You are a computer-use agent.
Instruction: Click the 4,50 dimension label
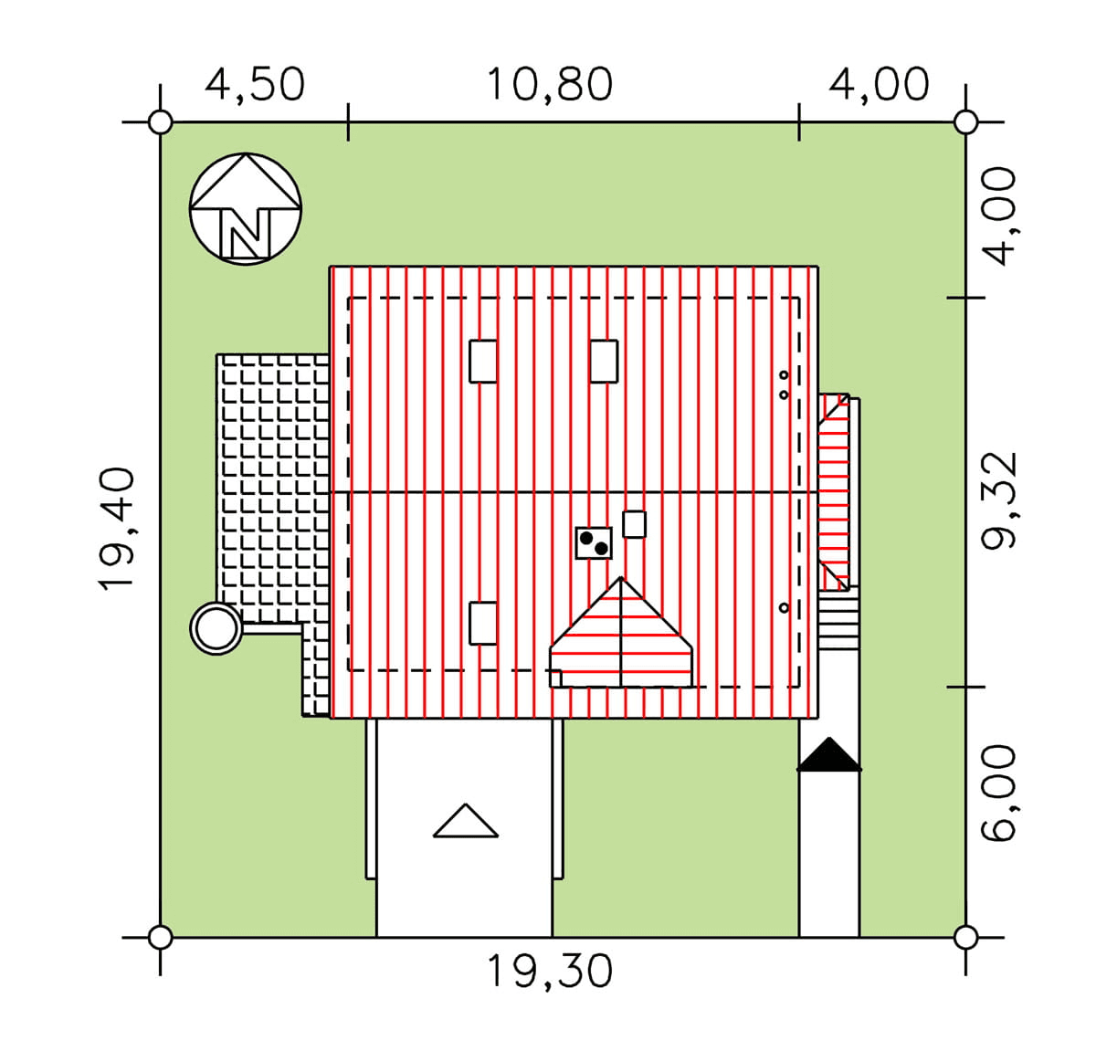255,85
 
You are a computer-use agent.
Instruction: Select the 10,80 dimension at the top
549,85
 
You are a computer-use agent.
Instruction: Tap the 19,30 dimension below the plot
549,971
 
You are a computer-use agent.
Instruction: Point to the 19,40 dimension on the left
118,530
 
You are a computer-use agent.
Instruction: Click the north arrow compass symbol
246,209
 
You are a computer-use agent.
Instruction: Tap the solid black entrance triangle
829,755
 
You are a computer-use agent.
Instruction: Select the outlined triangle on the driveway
466,821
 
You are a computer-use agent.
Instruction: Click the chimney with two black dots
594,542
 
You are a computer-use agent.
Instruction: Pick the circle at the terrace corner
216,629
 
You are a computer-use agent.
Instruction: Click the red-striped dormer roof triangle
621,635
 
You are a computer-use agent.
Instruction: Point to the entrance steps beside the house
838,621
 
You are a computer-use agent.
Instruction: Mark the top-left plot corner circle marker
161,121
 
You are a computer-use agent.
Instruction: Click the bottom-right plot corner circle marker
965,937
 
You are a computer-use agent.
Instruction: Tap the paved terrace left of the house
273,484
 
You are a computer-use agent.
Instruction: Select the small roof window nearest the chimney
634,524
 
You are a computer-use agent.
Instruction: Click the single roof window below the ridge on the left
483,624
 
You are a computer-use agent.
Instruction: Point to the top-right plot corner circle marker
965,121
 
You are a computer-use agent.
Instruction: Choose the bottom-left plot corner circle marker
161,937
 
